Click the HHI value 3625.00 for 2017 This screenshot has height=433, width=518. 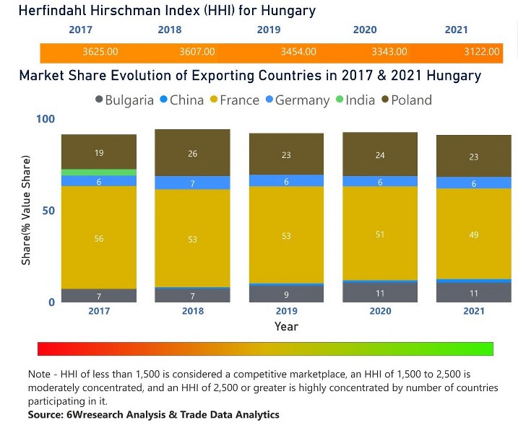tap(100, 52)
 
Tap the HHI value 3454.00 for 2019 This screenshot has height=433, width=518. tap(298, 52)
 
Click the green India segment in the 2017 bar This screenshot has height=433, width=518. tap(99, 172)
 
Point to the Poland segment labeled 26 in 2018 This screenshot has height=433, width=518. tap(193, 153)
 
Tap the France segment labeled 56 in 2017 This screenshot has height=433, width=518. tap(99, 238)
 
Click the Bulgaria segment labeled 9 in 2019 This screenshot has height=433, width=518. tap(287, 294)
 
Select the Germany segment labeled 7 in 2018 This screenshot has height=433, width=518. tap(193, 183)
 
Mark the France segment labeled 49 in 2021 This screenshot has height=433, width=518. tap(474, 235)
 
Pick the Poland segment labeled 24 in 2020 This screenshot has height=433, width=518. tap(380, 154)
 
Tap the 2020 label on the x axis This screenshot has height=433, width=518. tap(380, 311)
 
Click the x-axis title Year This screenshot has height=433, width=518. tap(286, 326)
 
